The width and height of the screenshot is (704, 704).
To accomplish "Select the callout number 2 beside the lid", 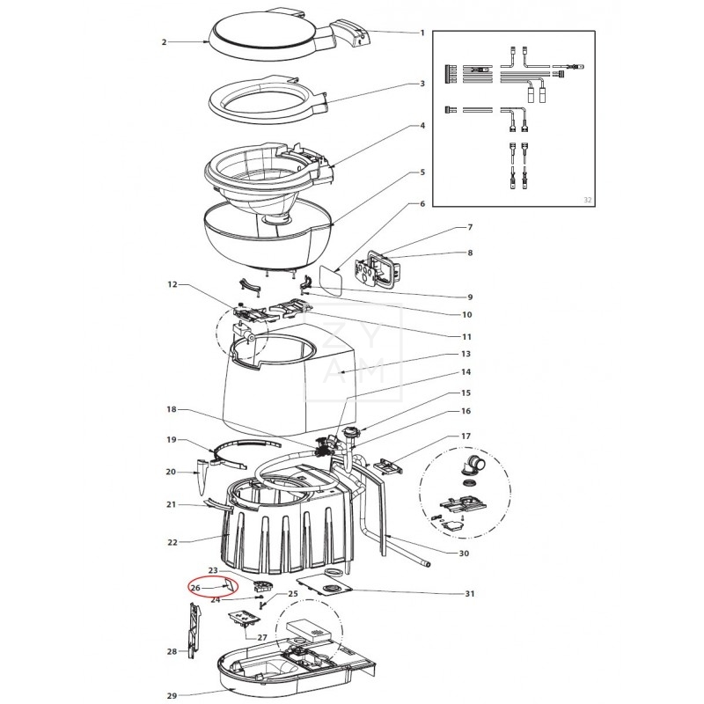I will (x=165, y=41).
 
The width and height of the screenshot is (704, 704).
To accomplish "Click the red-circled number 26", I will (x=195, y=588).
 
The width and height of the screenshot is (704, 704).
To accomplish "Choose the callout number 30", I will (x=466, y=554).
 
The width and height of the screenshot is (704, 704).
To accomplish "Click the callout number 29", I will (x=172, y=696).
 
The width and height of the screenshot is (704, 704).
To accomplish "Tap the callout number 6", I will (x=422, y=204).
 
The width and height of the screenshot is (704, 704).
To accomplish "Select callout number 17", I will (x=466, y=436).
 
